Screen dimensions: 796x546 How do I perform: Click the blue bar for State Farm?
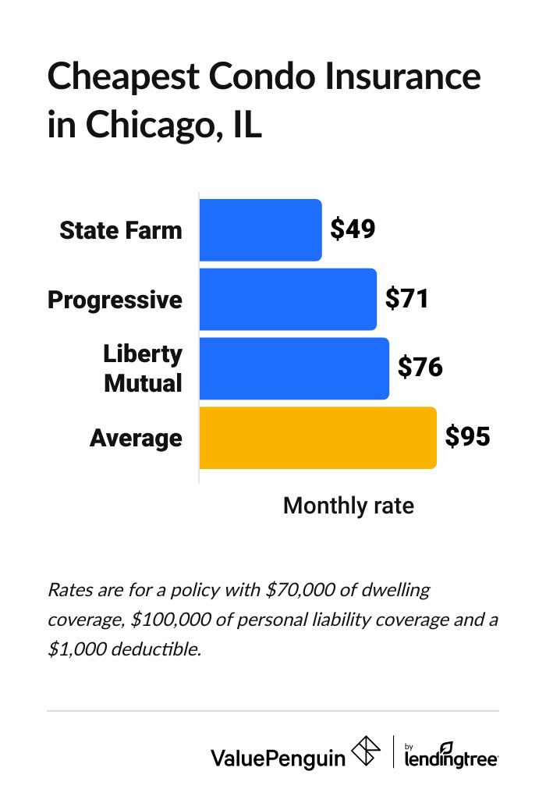(x=261, y=230)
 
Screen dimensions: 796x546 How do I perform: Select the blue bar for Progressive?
(x=288, y=300)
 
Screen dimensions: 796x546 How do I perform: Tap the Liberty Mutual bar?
(x=294, y=368)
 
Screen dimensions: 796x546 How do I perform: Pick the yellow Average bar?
(x=317, y=438)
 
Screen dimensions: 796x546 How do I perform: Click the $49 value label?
(x=353, y=229)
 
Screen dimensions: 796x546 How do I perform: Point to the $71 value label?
(x=407, y=299)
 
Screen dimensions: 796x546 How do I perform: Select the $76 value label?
(x=420, y=368)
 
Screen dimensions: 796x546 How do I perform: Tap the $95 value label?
(x=467, y=437)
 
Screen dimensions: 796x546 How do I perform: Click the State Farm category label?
(x=121, y=230)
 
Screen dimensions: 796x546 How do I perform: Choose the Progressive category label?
(x=115, y=300)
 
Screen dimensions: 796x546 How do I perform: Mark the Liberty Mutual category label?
(x=143, y=368)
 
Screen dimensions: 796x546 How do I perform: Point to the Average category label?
(x=136, y=438)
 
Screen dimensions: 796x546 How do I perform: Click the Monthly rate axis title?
(x=348, y=506)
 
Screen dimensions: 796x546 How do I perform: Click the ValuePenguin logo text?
(x=278, y=756)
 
